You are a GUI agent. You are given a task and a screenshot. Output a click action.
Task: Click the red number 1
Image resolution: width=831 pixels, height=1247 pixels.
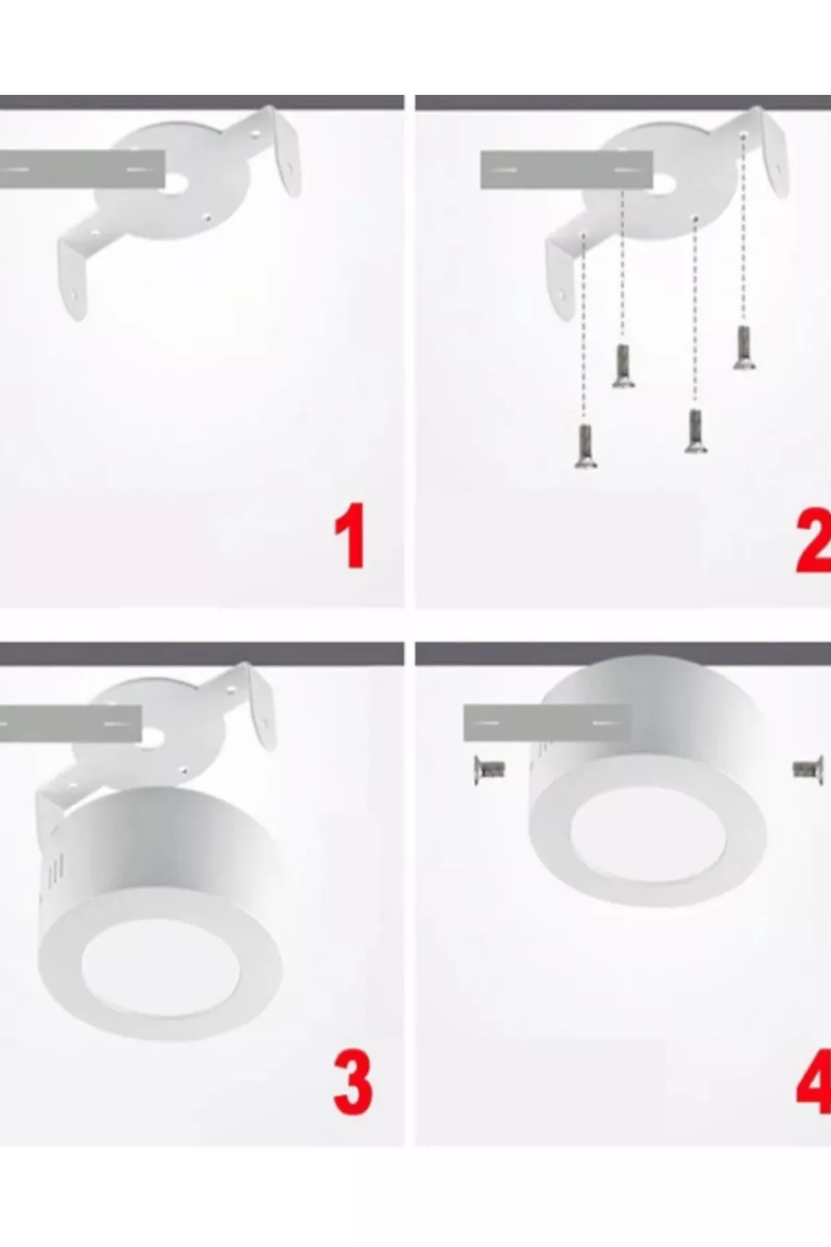(350, 536)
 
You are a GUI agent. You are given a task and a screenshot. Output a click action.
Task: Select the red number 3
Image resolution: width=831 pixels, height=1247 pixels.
(353, 1083)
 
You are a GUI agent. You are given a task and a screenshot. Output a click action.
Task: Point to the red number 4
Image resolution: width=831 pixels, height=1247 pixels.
(814, 1083)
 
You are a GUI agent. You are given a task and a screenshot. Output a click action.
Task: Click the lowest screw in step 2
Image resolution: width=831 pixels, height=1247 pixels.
(584, 445)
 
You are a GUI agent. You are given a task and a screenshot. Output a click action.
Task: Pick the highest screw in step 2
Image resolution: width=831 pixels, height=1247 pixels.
(743, 348)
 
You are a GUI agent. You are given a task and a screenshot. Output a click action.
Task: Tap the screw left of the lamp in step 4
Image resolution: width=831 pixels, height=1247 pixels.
(489, 770)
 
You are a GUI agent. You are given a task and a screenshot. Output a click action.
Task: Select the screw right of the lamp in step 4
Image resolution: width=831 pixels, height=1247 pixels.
(808, 770)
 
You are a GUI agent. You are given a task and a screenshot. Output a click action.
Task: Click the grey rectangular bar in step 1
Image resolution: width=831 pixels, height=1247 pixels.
(82, 168)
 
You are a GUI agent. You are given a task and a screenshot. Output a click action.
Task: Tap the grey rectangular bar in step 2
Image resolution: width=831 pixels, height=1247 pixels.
(567, 169)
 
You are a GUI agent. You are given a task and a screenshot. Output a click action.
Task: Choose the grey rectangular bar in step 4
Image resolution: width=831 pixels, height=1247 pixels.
(548, 722)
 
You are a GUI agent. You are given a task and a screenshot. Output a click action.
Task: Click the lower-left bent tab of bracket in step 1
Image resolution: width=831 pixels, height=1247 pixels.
(74, 278)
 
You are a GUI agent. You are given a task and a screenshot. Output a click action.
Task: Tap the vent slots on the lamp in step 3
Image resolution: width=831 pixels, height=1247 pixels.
(55, 869)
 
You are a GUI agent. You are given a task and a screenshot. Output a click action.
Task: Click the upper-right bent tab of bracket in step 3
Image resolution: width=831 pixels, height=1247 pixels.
(261, 707)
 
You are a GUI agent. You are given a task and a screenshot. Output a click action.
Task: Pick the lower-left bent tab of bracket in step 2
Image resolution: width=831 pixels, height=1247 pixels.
(560, 278)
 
